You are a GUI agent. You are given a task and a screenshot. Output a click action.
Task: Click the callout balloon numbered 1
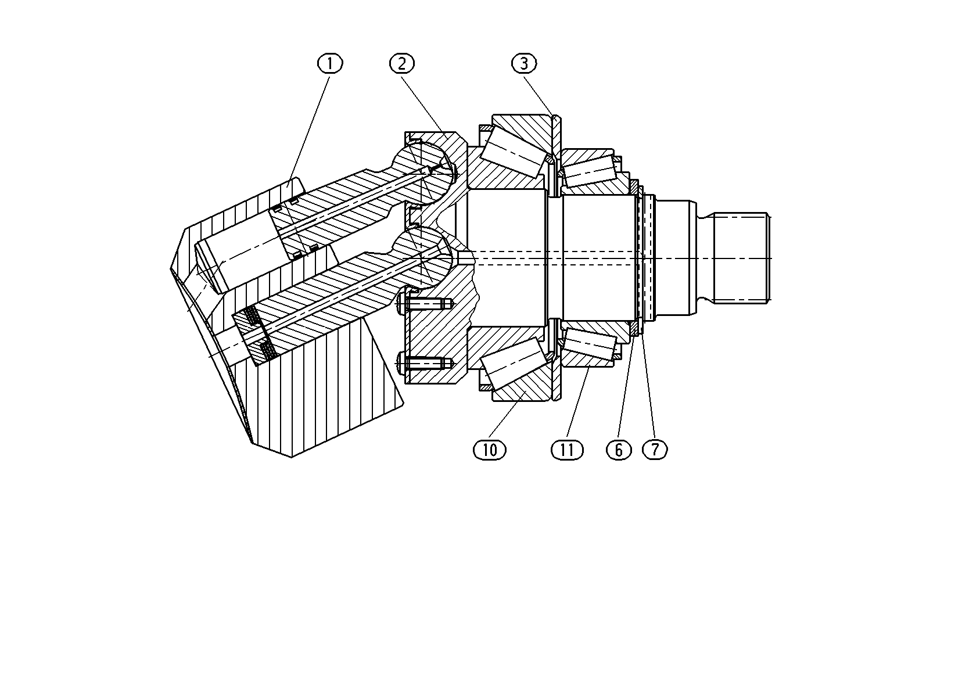(x=330, y=63)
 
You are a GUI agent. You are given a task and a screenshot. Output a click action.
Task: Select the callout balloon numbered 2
(x=402, y=63)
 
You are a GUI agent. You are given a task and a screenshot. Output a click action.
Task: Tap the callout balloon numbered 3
(x=524, y=63)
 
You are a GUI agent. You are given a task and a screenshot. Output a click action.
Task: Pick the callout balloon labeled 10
(x=490, y=450)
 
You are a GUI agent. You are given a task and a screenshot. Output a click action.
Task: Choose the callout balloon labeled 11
(x=568, y=450)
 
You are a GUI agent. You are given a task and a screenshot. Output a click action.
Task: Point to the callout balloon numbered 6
(x=619, y=450)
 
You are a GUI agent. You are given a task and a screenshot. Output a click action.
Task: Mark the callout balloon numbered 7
(x=655, y=450)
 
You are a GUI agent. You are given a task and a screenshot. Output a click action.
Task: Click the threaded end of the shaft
(x=742, y=258)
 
